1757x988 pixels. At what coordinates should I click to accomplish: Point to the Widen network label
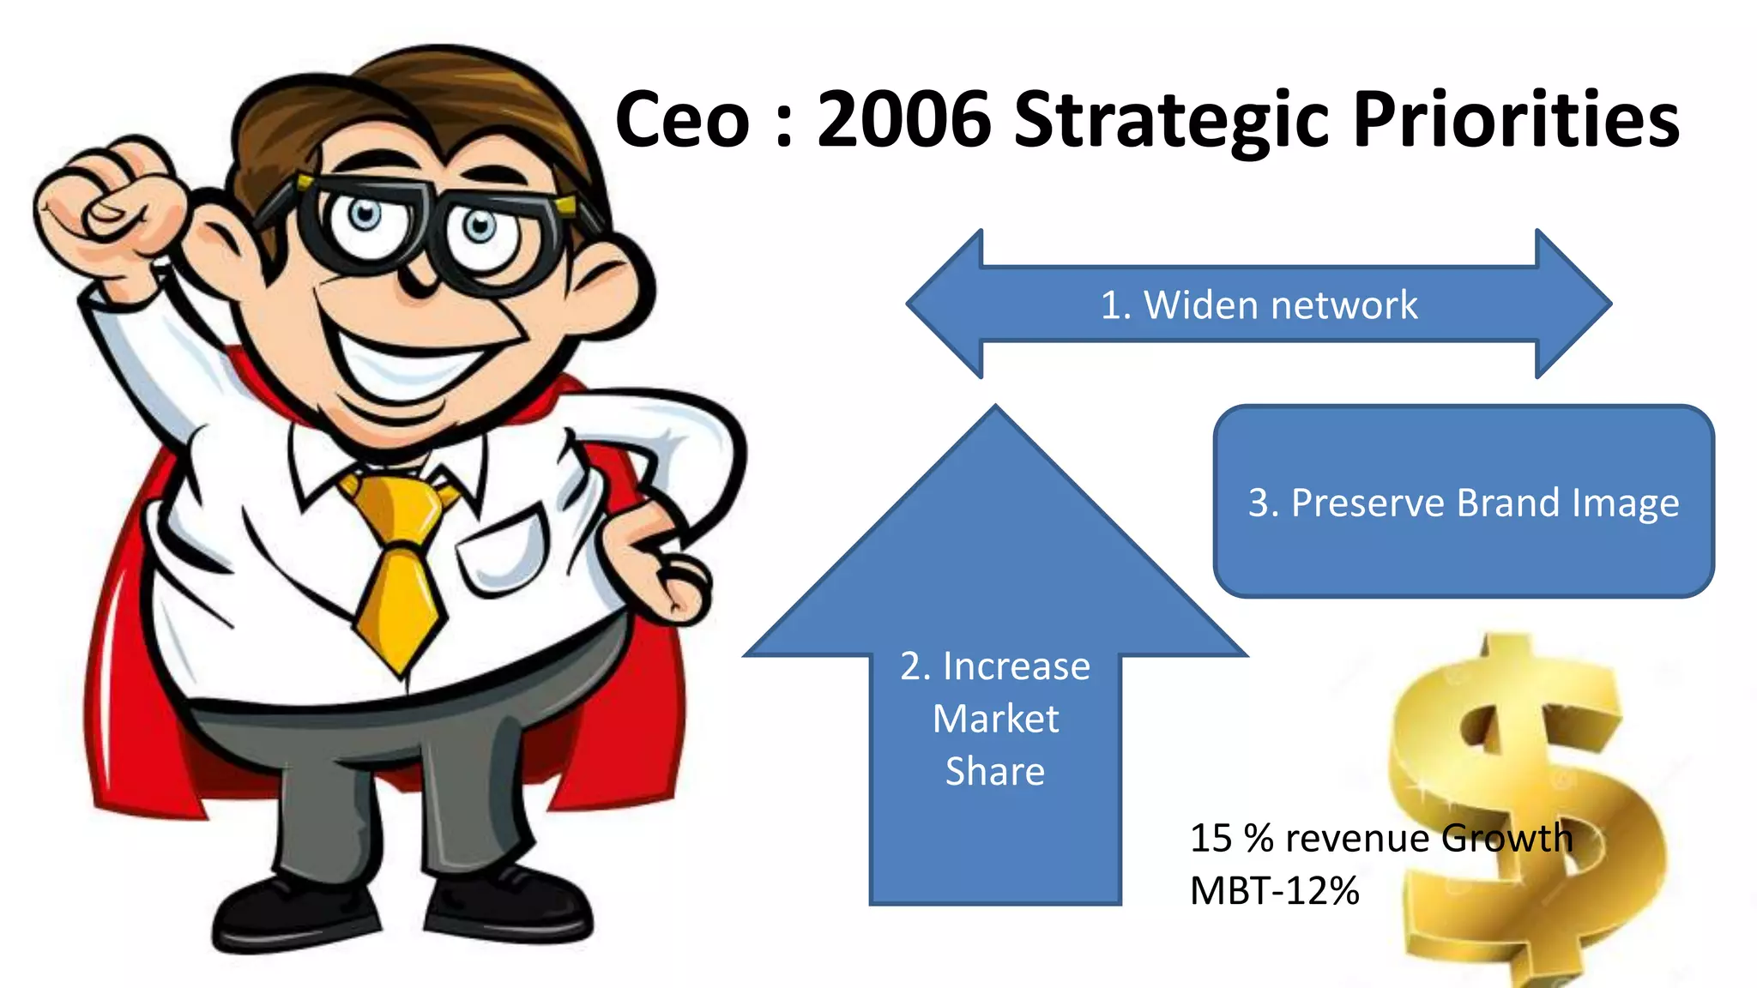tap(1259, 305)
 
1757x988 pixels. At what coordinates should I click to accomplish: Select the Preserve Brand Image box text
tap(1463, 503)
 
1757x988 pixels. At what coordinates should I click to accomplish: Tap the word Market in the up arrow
tap(995, 719)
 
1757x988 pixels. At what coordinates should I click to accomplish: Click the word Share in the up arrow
tap(995, 771)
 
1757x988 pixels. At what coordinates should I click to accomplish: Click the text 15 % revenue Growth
tap(1380, 838)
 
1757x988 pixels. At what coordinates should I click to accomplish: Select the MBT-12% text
tap(1274, 891)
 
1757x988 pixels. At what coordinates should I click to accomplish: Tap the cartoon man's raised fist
tap(107, 206)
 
